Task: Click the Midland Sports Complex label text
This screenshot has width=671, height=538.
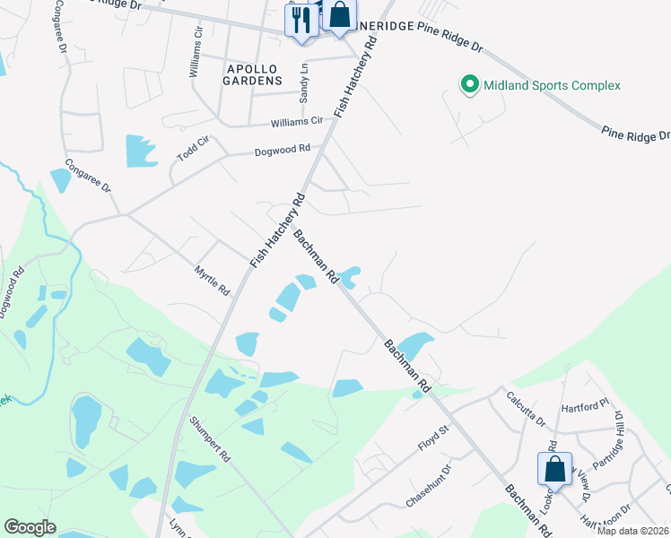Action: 552,86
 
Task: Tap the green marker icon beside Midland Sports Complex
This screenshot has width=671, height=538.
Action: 468,85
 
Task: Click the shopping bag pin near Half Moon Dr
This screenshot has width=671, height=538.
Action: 554,469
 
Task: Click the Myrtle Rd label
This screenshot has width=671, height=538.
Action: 213,281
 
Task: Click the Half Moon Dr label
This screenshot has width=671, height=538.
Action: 606,525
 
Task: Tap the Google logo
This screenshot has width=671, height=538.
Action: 30,527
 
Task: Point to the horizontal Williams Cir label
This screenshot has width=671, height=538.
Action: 297,122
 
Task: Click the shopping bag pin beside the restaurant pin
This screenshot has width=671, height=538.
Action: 339,15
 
